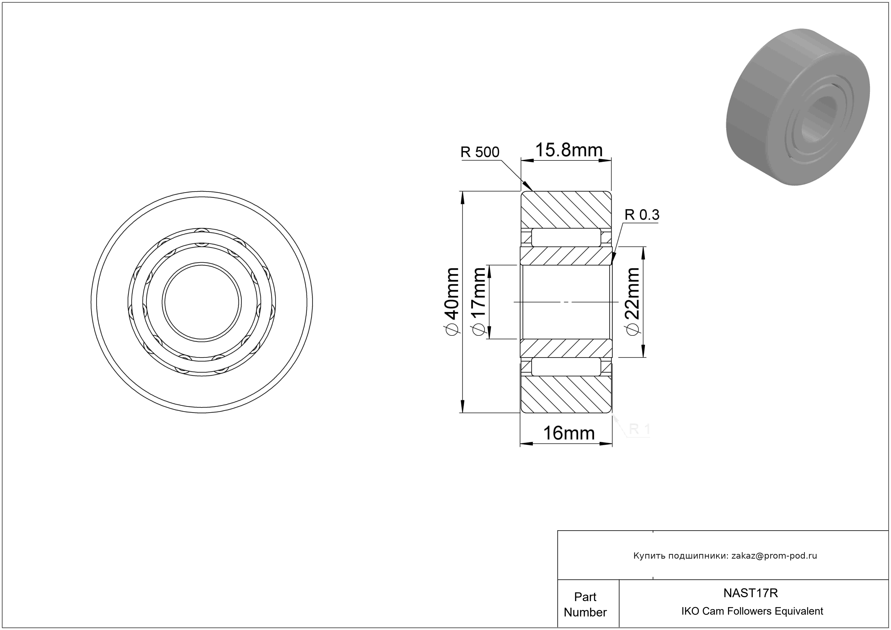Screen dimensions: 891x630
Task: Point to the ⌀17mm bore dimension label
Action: pyautogui.click(x=478, y=301)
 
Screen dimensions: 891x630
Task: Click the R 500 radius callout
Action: pyautogui.click(x=480, y=152)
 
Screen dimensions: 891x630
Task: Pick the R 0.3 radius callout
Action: pyautogui.click(x=642, y=215)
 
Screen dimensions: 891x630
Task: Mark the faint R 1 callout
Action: pyautogui.click(x=639, y=429)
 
